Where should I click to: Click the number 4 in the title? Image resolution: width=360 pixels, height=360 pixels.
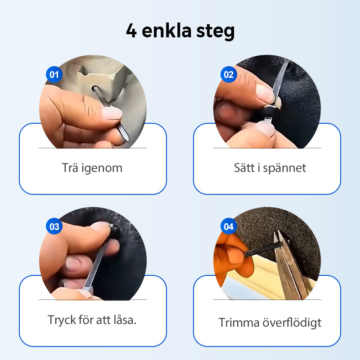point(131,32)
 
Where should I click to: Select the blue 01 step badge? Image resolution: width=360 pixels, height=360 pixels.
point(54,74)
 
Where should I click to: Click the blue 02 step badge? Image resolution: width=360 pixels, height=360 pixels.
point(229,74)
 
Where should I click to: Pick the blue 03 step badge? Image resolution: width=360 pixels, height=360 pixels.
point(54,226)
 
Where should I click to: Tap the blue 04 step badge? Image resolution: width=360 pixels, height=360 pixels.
point(229,226)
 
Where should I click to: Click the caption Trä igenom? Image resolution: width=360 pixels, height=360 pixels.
point(92,168)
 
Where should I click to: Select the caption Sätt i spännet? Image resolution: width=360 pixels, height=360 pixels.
point(270,168)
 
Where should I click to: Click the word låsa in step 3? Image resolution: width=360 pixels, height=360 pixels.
point(124,320)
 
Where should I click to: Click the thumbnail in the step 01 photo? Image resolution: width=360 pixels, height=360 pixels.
point(110,113)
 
